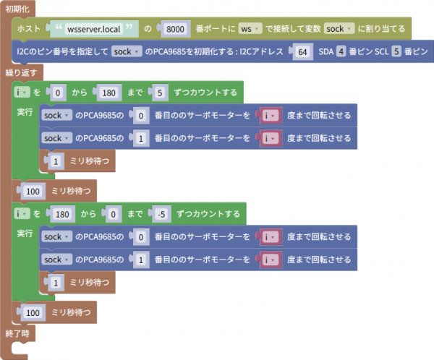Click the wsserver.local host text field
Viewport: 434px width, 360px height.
coord(93,29)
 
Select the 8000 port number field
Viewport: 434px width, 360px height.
coord(175,29)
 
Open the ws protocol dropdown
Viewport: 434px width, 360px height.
coord(250,28)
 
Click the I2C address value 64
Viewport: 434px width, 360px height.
coord(302,52)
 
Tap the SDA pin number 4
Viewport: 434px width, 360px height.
coord(341,51)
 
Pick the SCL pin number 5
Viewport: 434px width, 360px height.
coord(396,51)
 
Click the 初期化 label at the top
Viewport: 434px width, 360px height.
coord(17,9)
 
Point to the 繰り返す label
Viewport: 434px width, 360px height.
coord(21,72)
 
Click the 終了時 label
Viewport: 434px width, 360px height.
coord(17,333)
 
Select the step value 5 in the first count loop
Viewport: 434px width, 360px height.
coord(160,93)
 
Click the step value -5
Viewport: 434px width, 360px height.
coord(161,214)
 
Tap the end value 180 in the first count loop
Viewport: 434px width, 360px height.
coord(109,93)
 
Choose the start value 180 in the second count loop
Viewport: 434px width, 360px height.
coord(62,214)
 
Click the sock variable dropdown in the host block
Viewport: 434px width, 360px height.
coord(339,28)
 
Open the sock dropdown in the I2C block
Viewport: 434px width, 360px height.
coord(127,51)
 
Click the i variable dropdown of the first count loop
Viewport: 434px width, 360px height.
coord(22,92)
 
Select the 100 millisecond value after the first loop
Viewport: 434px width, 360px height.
coord(33,191)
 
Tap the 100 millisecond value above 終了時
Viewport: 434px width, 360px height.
coord(33,312)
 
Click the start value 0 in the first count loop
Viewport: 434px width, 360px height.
coord(58,93)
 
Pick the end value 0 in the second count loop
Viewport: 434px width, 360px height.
coord(113,214)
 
